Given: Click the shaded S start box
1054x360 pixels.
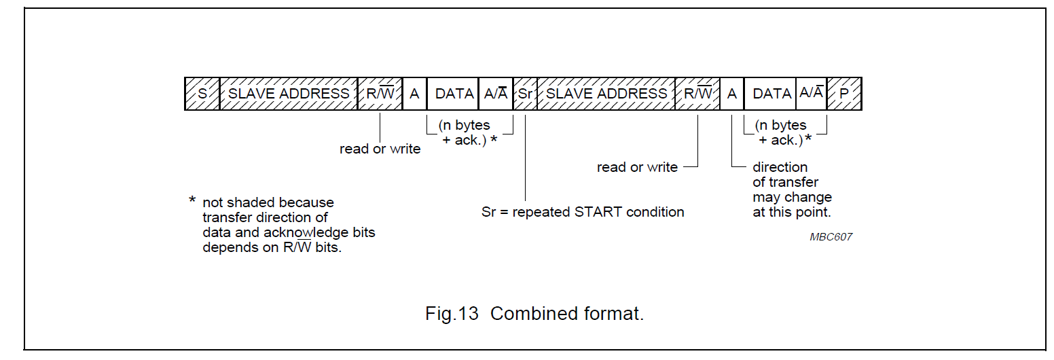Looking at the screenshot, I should click(202, 94).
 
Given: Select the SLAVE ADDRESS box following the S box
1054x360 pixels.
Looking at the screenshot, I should click(289, 94).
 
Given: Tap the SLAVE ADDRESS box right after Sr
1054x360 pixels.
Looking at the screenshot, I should click(606, 94).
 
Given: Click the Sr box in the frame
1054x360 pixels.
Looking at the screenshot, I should click(525, 94).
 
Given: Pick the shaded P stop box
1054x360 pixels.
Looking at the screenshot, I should click(844, 94).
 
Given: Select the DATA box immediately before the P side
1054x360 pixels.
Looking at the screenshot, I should click(771, 94).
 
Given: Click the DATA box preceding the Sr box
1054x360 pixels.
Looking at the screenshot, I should click(454, 94).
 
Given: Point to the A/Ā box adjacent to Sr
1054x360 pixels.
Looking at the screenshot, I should click(496, 94).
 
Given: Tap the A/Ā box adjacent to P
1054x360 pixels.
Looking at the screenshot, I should click(812, 94).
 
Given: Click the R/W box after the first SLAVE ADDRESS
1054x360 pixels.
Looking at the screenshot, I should click(380, 94).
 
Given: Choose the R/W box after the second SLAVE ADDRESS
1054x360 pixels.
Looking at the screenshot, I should click(697, 94).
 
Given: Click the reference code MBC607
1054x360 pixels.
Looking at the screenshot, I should click(831, 237).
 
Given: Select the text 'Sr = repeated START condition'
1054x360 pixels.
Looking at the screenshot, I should click(582, 212).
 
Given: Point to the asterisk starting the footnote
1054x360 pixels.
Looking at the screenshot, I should click(192, 202).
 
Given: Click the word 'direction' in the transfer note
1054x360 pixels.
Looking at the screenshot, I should click(780, 167).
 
